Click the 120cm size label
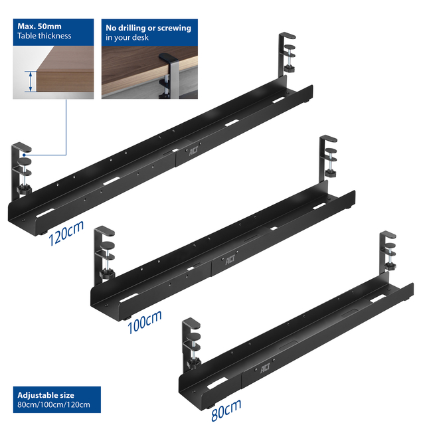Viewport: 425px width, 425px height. click(x=66, y=233)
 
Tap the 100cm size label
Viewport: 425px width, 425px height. click(x=145, y=321)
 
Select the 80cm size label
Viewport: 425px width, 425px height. click(x=226, y=410)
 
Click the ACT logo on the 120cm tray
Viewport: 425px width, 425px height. click(x=193, y=151)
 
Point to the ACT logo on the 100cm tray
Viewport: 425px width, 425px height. click(x=230, y=260)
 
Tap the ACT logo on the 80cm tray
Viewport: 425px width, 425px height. click(x=266, y=368)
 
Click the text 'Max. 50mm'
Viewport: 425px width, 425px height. click(x=40, y=27)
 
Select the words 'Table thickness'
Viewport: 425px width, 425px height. click(x=44, y=36)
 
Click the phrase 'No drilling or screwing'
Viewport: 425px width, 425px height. click(x=149, y=28)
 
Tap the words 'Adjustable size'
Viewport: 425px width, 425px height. click(x=46, y=395)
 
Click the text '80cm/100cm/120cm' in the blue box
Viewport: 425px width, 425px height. click(x=54, y=404)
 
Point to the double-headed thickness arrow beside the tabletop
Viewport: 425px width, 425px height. click(x=31, y=81)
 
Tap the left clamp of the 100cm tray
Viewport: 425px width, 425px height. click(x=104, y=255)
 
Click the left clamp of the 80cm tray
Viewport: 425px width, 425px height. click(x=191, y=345)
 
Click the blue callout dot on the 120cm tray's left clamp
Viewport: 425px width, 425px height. click(x=24, y=155)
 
